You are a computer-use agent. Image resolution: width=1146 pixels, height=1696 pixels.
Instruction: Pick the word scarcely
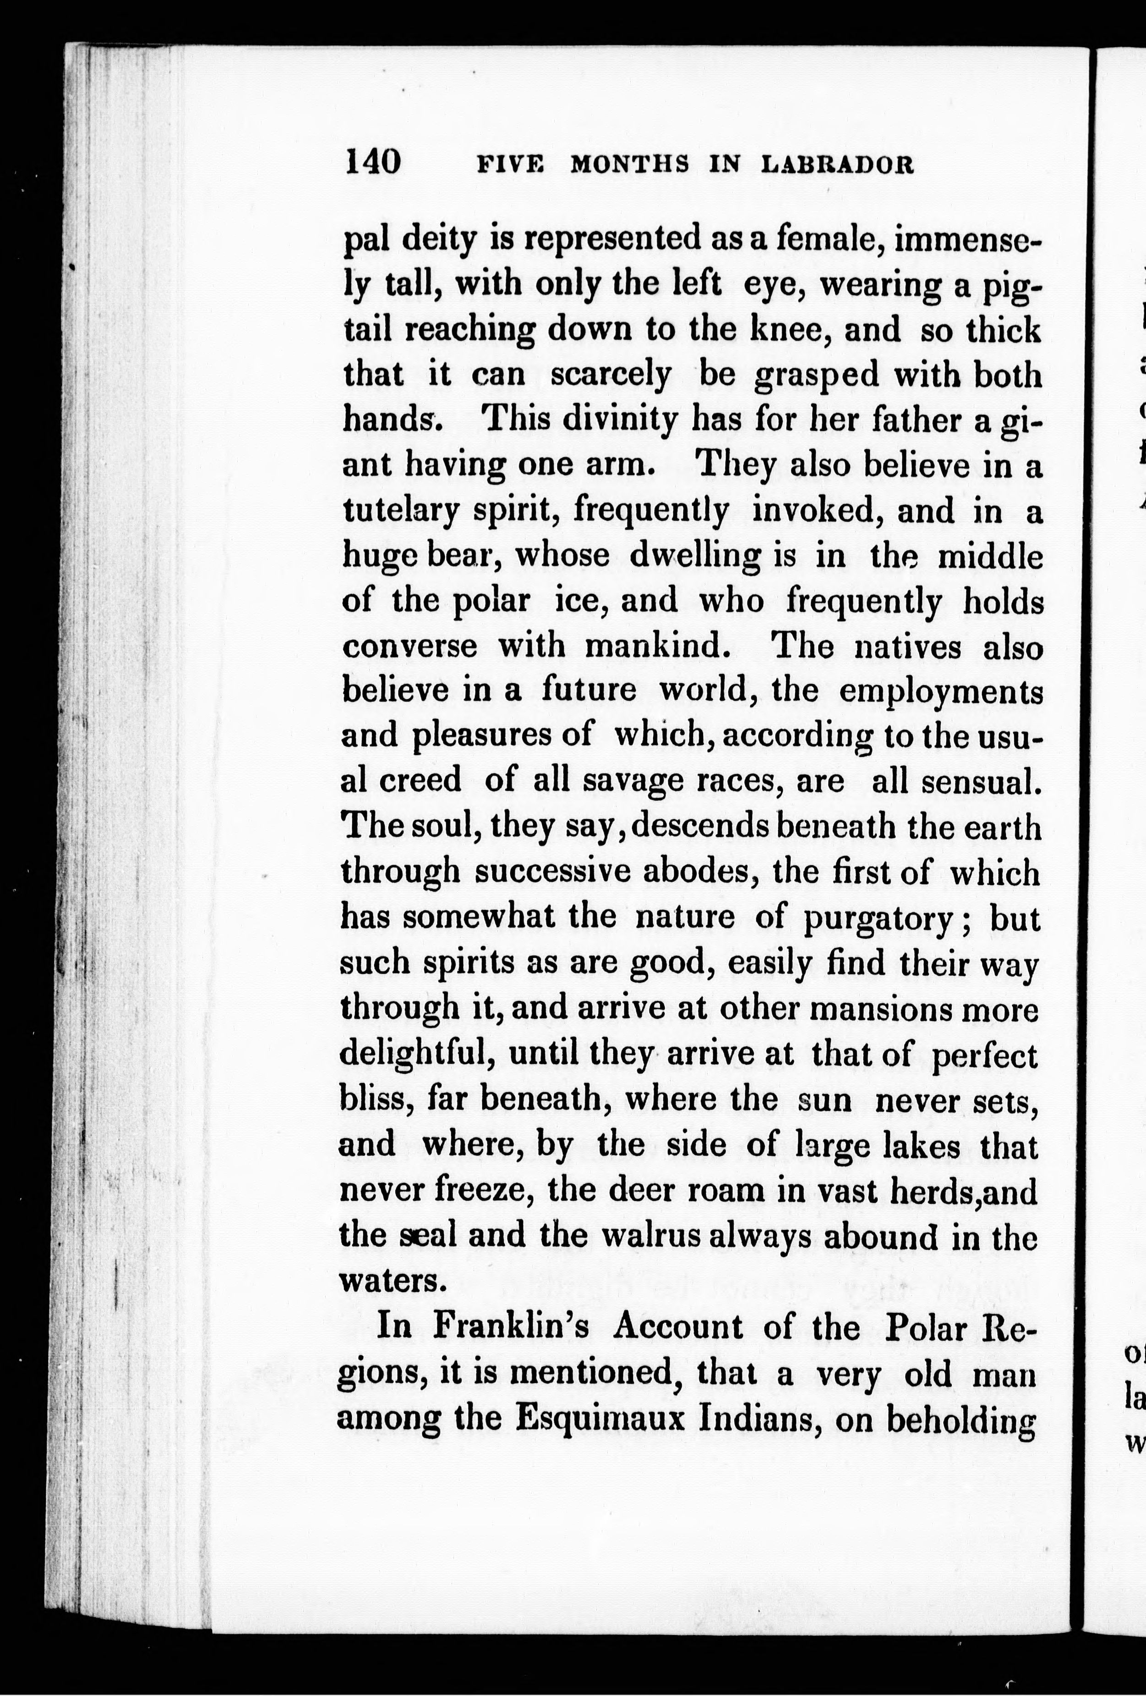tap(610, 376)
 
